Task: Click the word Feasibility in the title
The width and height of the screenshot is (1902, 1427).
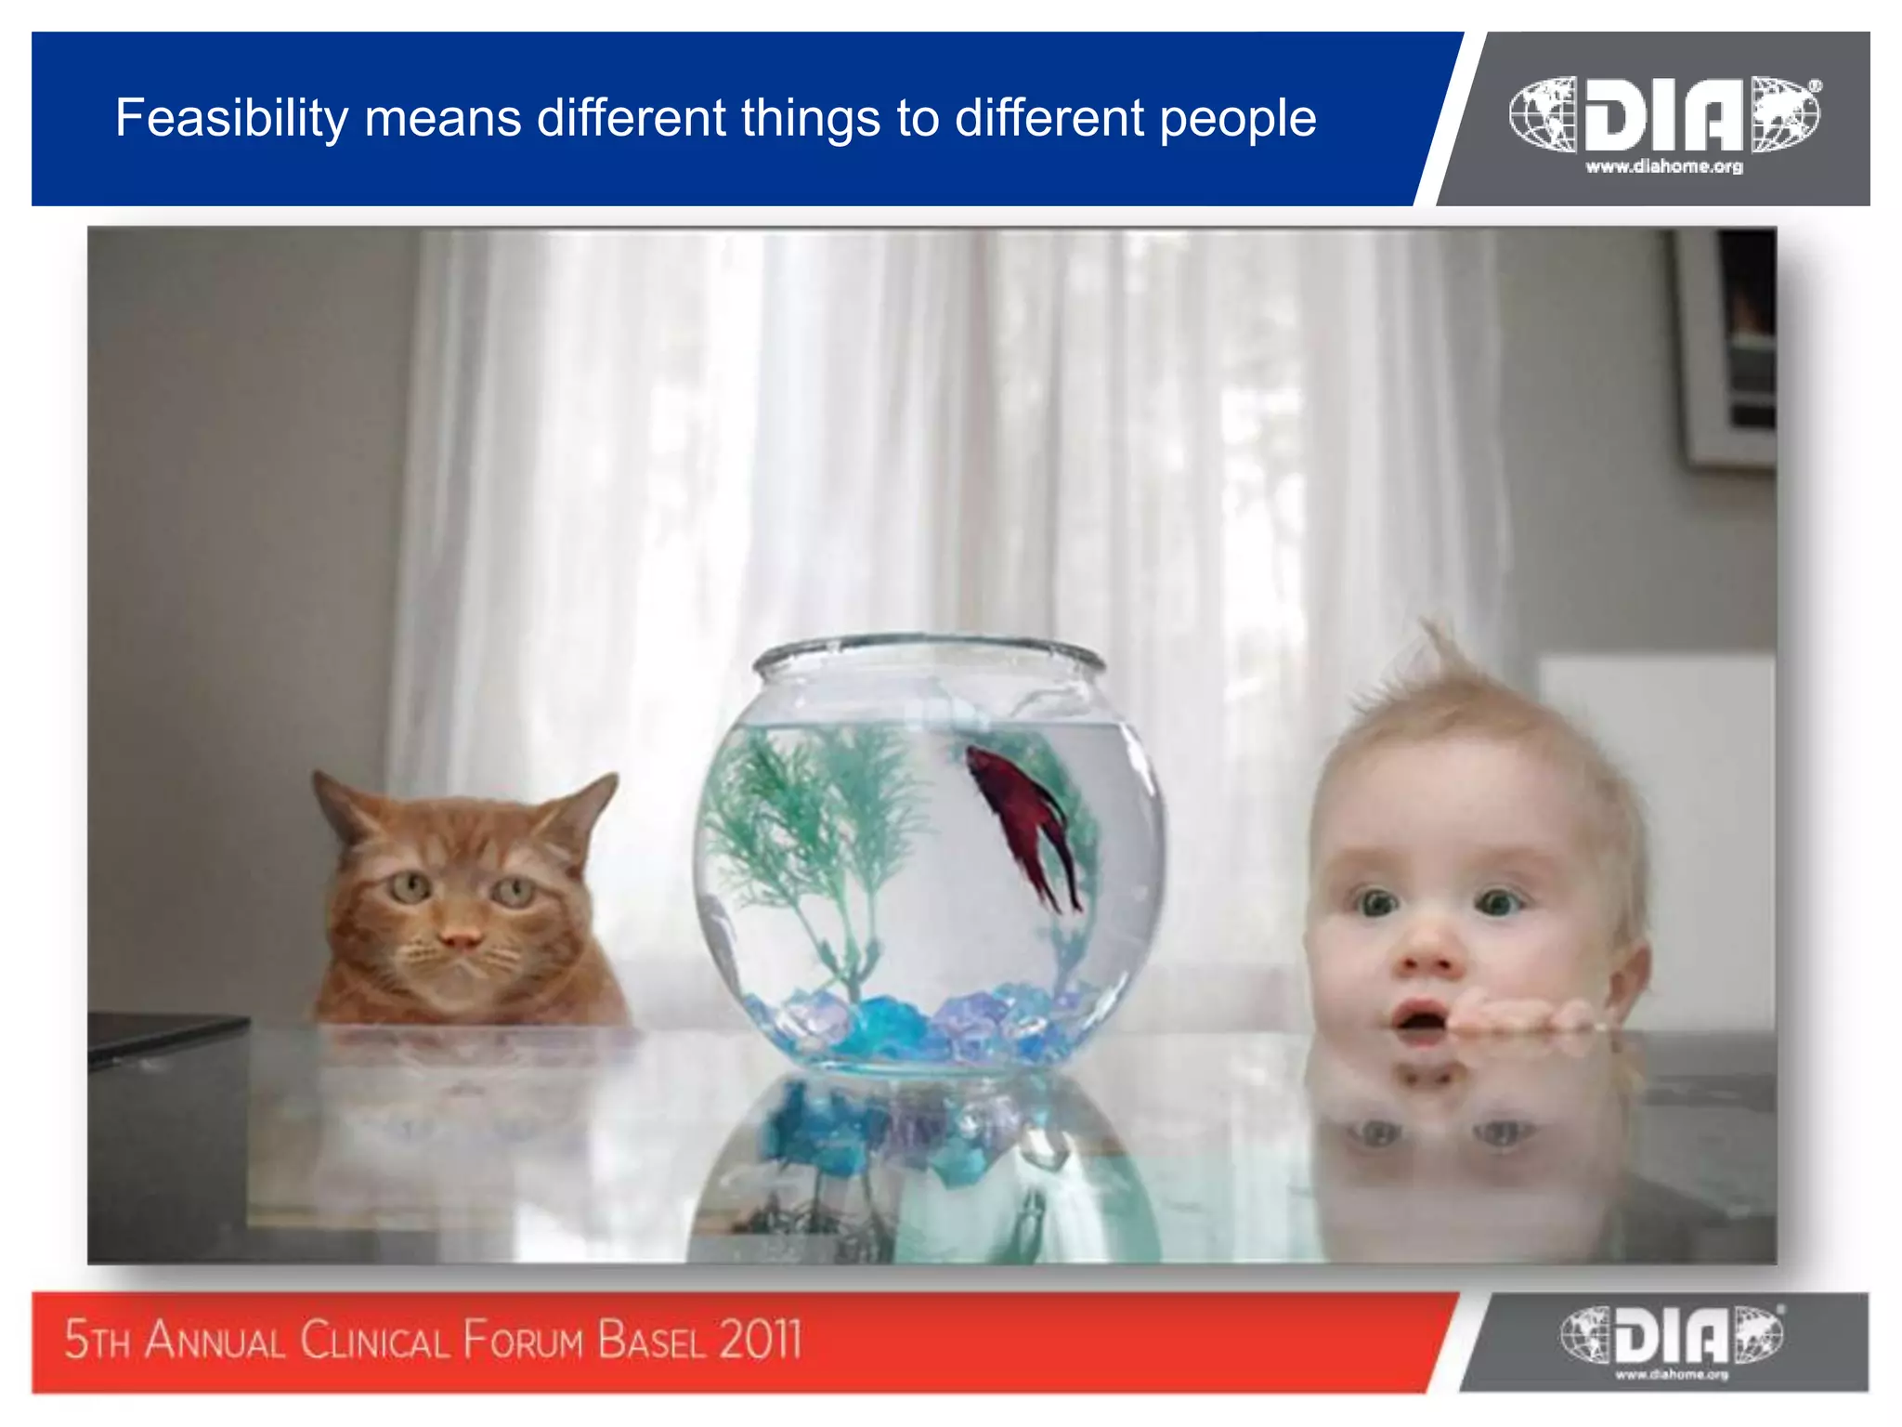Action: pyautogui.click(x=230, y=119)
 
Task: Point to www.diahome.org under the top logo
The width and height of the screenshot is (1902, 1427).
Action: pyautogui.click(x=1664, y=167)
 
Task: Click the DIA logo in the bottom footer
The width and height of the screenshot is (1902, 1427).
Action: pyautogui.click(x=1671, y=1335)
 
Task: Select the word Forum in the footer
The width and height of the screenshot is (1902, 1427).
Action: pyautogui.click(x=523, y=1341)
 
